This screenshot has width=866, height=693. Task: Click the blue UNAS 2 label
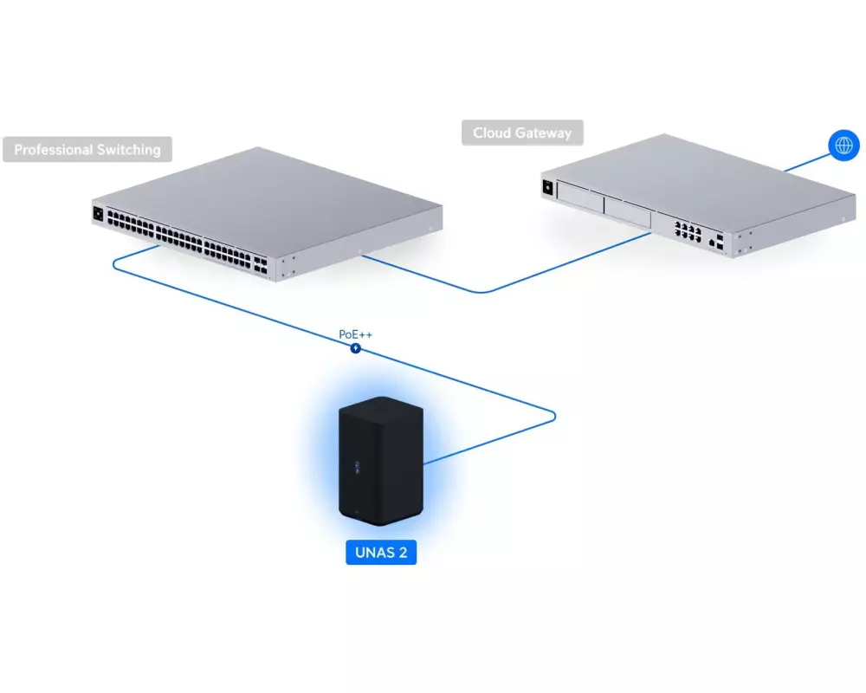(381, 552)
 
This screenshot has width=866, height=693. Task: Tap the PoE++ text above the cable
(356, 334)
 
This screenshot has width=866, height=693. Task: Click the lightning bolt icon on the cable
(355, 348)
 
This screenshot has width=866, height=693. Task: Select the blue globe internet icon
(843, 144)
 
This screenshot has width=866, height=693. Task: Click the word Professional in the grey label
(50, 150)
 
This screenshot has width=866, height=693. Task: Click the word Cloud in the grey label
(492, 133)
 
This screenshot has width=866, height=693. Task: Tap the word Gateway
(544, 133)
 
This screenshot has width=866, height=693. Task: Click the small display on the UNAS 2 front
(353, 468)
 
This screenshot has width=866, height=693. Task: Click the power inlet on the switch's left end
(98, 212)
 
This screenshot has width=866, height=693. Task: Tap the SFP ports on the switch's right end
(261, 262)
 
